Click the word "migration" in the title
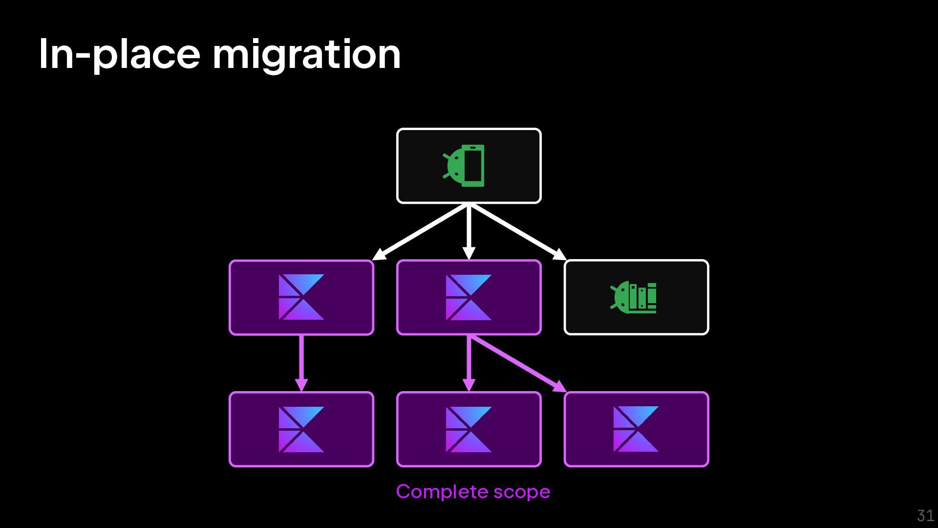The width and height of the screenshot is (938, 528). [x=306, y=55]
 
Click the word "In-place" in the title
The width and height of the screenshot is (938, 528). [x=119, y=55]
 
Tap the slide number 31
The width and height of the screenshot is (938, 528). [x=925, y=515]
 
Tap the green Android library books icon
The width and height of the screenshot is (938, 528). [x=634, y=297]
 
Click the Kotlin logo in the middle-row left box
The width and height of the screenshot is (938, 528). [x=301, y=297]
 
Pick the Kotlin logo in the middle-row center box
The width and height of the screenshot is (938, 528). [x=469, y=297]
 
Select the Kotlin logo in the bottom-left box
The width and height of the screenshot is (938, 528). [x=301, y=429]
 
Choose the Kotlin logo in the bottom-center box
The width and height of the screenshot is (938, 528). [x=469, y=429]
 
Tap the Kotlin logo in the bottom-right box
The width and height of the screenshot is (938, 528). [x=636, y=429]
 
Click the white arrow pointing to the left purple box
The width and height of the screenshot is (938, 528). [x=420, y=232]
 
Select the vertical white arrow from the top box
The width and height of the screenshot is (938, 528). [x=469, y=230]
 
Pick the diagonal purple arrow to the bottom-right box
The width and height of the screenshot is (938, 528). [x=515, y=363]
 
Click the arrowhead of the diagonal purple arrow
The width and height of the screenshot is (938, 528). [x=559, y=387]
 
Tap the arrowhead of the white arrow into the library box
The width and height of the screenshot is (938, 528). [x=560, y=255]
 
